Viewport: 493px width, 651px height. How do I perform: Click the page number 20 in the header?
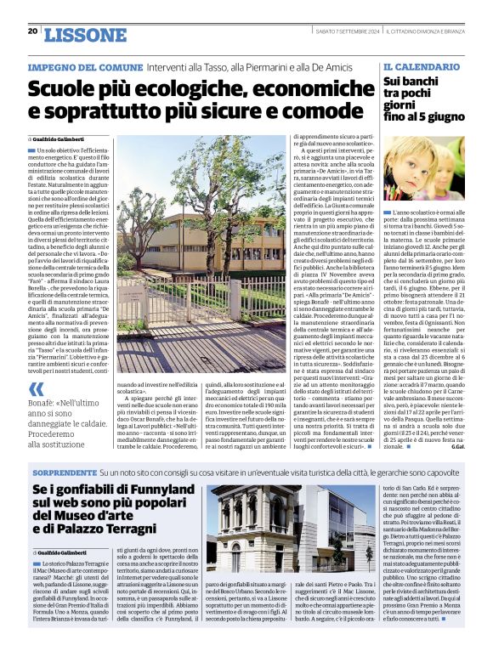(32, 31)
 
